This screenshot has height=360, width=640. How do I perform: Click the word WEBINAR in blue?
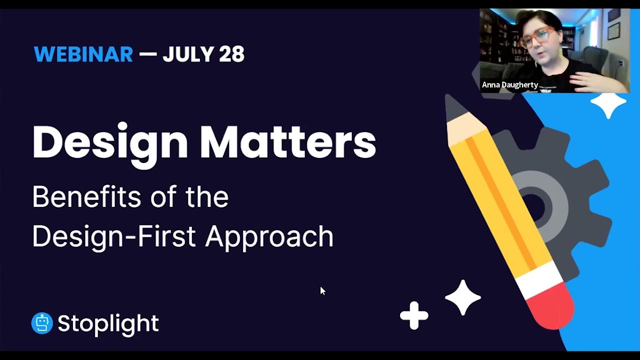[x=83, y=54]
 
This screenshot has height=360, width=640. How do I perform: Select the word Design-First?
[x=113, y=236]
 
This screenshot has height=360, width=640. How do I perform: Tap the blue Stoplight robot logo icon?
[x=42, y=323]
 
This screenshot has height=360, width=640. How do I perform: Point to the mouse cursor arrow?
[x=322, y=290]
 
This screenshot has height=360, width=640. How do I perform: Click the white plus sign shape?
[x=414, y=315]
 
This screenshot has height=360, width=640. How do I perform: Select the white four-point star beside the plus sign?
[x=462, y=298]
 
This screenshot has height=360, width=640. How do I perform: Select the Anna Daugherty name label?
[x=509, y=85]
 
